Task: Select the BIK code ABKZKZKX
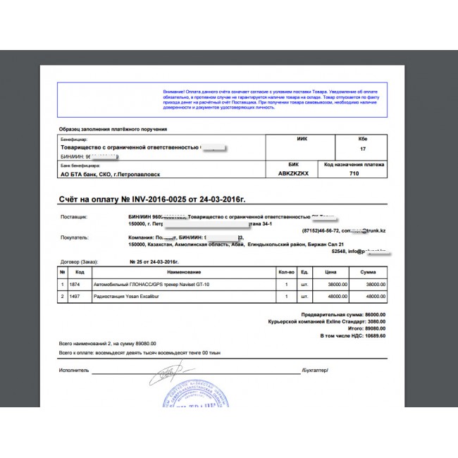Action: tap(292, 173)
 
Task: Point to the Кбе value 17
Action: tap(363, 149)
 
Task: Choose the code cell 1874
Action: tap(79, 285)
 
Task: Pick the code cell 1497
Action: tap(79, 297)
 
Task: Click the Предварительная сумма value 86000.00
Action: tap(372, 314)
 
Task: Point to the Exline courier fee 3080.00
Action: tap(372, 321)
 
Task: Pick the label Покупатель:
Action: tap(75, 238)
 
